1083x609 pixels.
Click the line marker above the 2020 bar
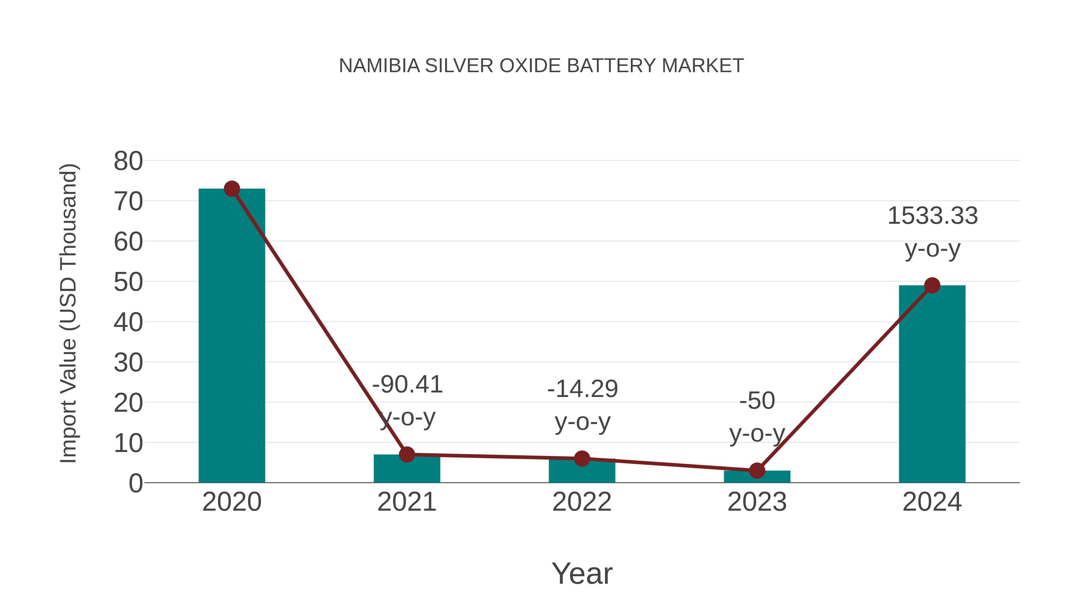(232, 189)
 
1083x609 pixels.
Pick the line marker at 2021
(406, 454)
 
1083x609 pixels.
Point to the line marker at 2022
(582, 459)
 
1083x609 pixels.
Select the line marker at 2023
(757, 471)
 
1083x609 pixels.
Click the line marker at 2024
(932, 285)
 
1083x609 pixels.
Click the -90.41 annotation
(407, 385)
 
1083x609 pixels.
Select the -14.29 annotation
(582, 389)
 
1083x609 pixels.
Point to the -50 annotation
(757, 401)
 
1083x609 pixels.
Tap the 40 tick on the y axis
(128, 322)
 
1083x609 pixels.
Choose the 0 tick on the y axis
(135, 483)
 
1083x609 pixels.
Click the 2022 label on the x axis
(582, 502)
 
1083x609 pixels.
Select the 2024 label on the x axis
(932, 502)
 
